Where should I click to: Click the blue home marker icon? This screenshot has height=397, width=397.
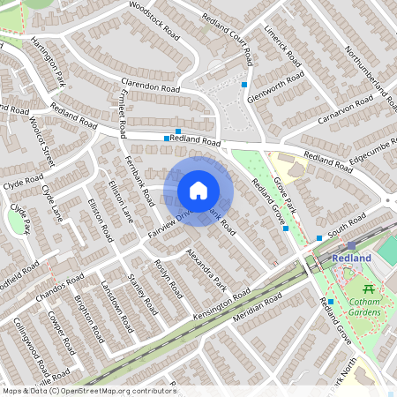(x=198, y=191)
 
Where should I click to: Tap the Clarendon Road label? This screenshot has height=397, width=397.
(x=151, y=90)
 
